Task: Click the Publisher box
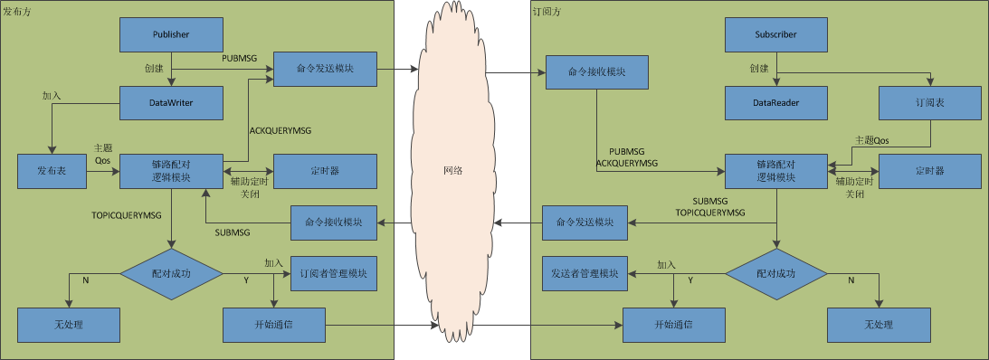(x=170, y=34)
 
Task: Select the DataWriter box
(x=171, y=103)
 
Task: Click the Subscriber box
(x=775, y=34)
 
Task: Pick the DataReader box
(x=775, y=103)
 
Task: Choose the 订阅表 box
(x=930, y=103)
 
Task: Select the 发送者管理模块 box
(x=584, y=273)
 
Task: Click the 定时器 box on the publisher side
(x=324, y=171)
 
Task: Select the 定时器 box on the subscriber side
(x=929, y=171)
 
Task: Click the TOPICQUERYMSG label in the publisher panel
(x=128, y=216)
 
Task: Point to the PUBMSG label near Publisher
(x=240, y=58)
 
